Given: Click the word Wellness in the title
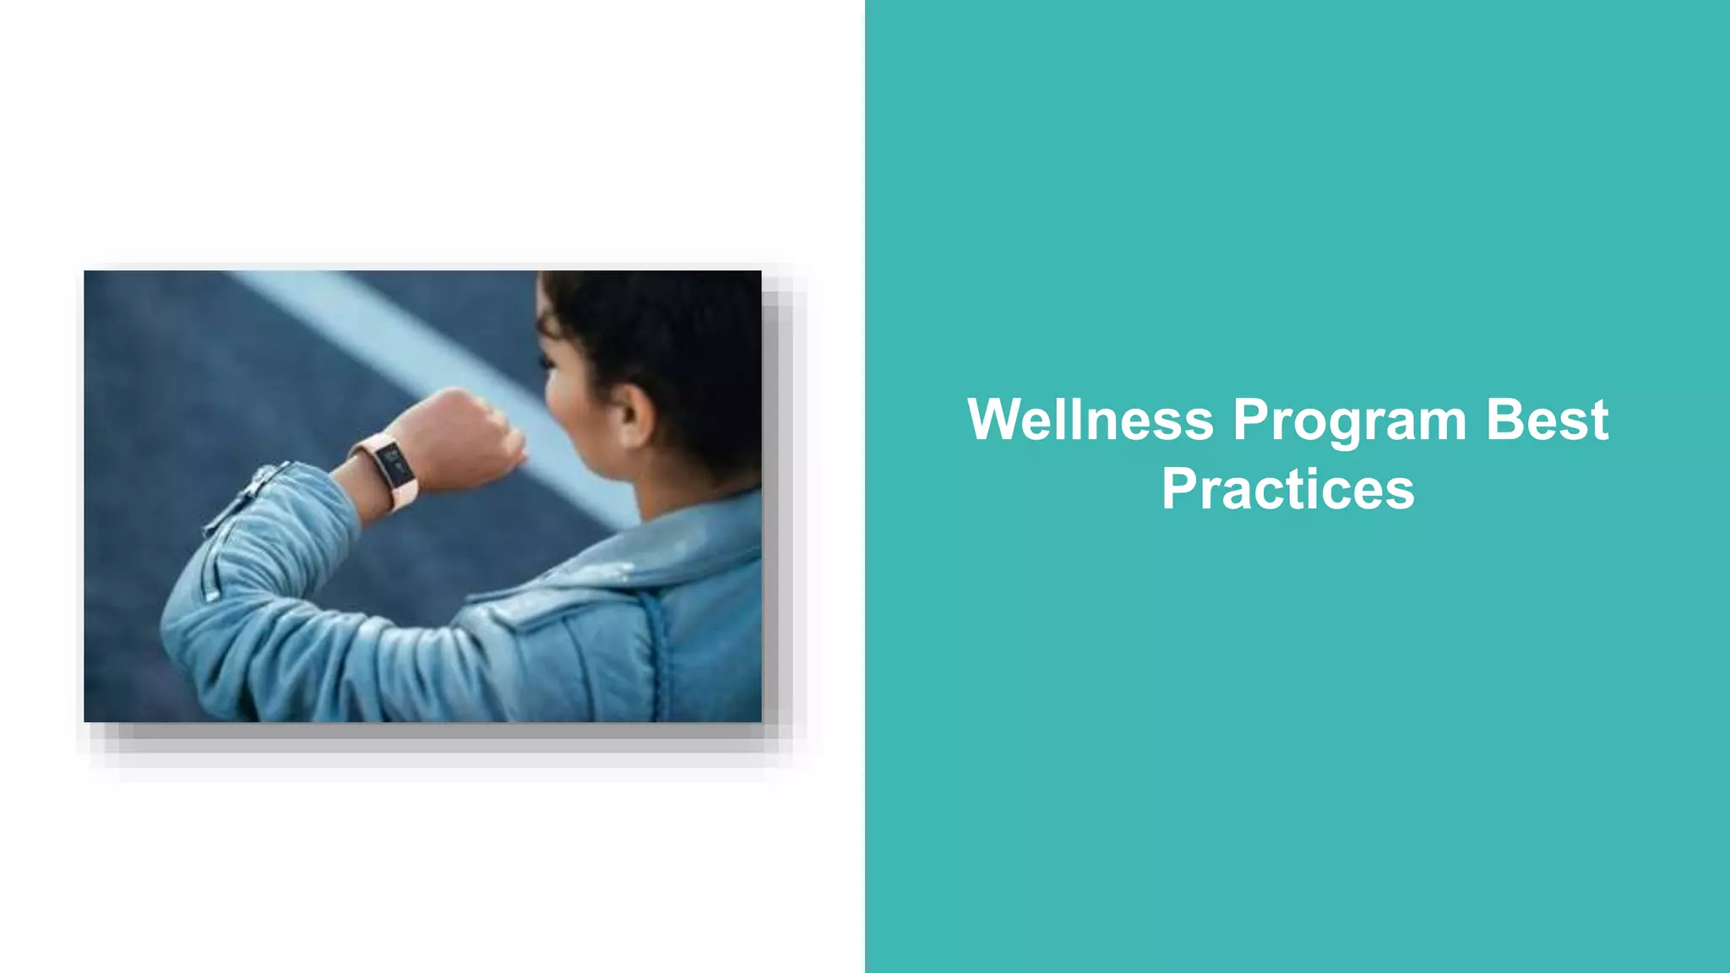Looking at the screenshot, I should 1090,420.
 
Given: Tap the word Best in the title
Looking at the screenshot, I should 1547,420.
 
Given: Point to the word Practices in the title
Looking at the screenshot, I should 1287,489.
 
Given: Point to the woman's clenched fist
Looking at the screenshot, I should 473,439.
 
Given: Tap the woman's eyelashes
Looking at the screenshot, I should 546,363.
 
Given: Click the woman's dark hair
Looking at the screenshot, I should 667,338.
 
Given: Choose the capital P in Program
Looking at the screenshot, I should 1249,420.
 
